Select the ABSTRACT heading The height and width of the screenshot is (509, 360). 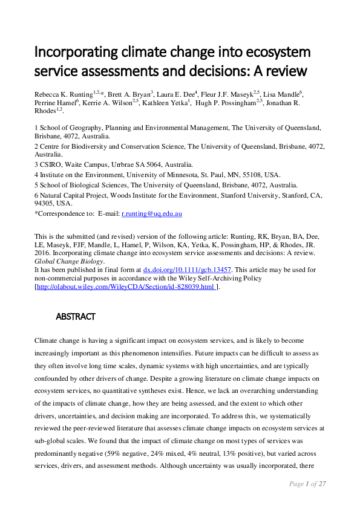point(76,316)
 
